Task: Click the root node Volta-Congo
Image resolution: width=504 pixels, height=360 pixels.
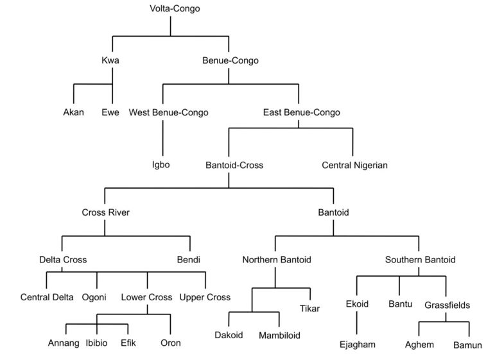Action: coord(170,9)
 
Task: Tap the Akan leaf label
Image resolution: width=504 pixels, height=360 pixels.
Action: coord(74,113)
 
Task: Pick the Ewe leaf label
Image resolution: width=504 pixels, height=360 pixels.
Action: coord(110,113)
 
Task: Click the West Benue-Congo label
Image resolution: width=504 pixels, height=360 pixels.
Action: coord(169,113)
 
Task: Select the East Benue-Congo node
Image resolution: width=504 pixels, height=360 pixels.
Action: coord(302,113)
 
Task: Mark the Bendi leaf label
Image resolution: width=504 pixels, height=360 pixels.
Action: coord(189,260)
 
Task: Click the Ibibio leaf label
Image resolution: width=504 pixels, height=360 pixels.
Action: coord(98,343)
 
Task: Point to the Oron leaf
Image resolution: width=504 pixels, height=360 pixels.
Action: coord(170,343)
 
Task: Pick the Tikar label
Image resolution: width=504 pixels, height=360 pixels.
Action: coord(309,309)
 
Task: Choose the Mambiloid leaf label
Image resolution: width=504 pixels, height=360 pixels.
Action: coord(280,335)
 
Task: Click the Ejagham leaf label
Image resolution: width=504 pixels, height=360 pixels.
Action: coord(357,345)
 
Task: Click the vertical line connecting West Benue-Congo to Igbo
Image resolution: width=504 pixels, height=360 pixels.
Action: coord(163,138)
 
